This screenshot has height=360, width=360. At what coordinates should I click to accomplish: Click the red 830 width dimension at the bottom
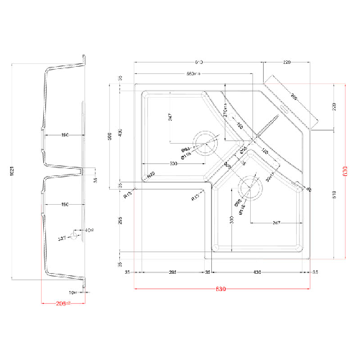pos(221,289)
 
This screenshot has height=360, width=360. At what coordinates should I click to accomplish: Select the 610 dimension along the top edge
pos(199,62)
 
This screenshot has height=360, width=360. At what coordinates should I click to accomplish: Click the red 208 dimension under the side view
pos(63,304)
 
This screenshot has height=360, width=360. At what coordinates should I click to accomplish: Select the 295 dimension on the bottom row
pos(172,273)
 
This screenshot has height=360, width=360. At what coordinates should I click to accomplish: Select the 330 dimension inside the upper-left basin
pos(174,164)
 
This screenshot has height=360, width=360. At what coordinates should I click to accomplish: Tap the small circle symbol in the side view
pos(73,235)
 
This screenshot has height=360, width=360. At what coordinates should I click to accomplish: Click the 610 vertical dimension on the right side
pos(334,194)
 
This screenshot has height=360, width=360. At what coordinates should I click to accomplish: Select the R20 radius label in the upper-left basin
pos(152,175)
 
